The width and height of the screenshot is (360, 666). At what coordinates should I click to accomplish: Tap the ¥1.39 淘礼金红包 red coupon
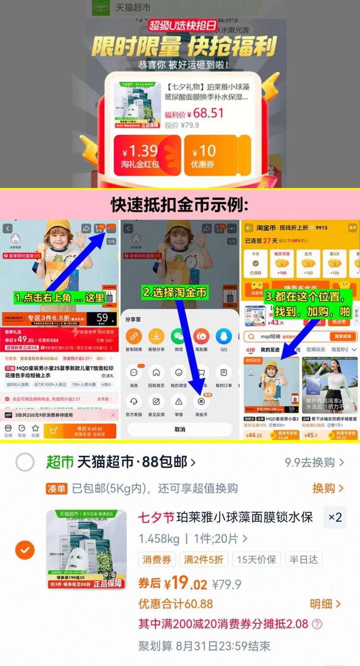click(147, 155)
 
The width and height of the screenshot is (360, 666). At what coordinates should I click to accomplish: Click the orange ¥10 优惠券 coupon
click(217, 155)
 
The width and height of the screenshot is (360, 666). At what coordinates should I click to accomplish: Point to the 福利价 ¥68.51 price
click(194, 114)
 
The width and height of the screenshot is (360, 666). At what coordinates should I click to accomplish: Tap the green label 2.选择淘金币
click(175, 293)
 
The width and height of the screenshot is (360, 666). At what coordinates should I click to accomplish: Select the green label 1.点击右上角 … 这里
click(59, 297)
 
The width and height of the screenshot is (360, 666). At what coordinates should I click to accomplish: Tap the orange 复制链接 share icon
click(134, 336)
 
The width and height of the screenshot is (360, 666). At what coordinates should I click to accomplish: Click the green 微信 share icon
click(179, 336)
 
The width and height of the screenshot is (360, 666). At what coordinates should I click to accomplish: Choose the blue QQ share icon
click(224, 336)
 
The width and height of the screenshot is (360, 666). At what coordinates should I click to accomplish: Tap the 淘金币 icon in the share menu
click(201, 401)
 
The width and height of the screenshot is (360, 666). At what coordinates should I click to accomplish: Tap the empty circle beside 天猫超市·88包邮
click(25, 462)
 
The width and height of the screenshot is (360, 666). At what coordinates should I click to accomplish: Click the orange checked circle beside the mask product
click(25, 550)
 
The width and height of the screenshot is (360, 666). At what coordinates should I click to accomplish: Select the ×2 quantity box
click(335, 517)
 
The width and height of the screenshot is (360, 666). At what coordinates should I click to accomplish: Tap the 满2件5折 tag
click(203, 559)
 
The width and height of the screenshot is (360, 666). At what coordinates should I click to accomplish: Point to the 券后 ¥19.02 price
click(173, 584)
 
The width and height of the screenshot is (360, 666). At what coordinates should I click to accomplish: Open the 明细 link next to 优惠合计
click(325, 604)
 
